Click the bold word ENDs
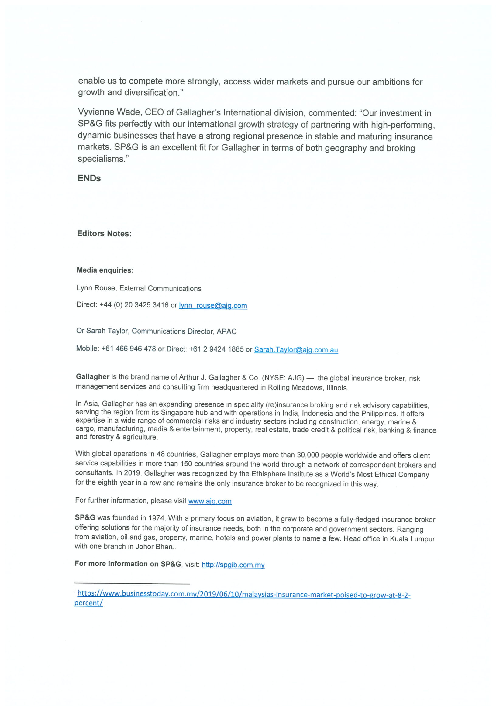click(89, 178)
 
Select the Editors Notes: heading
click(104, 233)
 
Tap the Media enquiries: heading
click(105, 270)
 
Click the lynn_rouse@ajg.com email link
click(213, 306)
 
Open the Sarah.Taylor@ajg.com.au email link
click(296, 350)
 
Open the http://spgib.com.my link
click(233, 565)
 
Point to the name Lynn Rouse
click(96, 288)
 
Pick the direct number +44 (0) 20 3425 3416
click(134, 305)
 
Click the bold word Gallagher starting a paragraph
click(93, 376)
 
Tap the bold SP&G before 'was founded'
click(85, 517)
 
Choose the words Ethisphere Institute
click(284, 474)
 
